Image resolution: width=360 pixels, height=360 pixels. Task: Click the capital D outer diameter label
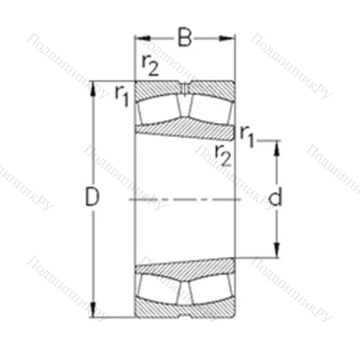(91, 197)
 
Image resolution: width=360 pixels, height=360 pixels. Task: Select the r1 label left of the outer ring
(121, 94)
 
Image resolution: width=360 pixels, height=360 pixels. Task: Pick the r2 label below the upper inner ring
(223, 152)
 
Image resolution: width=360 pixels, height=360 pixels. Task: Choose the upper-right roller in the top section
(209, 109)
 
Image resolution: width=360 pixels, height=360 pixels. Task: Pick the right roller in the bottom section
(209, 287)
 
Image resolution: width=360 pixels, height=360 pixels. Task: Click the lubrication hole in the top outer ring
(185, 89)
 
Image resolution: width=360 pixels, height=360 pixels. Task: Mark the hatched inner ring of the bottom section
(185, 269)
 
